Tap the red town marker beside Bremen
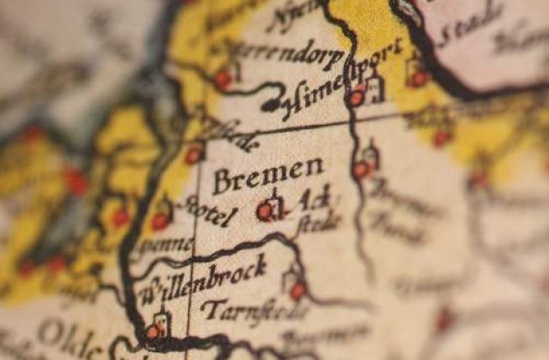point(265,210)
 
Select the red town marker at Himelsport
point(357,98)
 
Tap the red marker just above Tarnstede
point(298,291)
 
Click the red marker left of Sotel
point(160,221)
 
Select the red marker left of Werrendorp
point(223,80)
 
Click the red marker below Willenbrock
point(154,332)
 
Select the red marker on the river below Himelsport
point(361,170)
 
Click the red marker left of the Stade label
point(419,78)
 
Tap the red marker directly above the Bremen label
point(194,155)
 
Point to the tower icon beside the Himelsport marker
point(374,87)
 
